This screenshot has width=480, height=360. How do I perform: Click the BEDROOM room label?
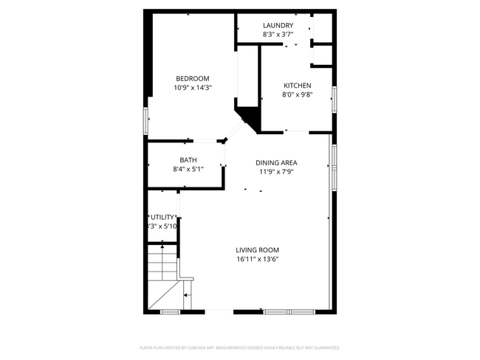[x=192, y=79]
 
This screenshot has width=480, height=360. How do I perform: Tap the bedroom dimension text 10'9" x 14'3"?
[x=192, y=88]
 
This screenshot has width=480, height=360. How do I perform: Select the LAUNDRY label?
[x=277, y=26]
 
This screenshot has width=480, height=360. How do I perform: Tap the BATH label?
[x=188, y=160]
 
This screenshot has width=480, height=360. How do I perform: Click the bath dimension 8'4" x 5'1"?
[x=188, y=169]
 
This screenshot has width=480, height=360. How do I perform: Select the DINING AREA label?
[x=277, y=163]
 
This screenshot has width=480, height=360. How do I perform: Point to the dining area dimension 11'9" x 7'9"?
[x=277, y=172]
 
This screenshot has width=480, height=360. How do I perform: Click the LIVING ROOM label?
[x=257, y=250]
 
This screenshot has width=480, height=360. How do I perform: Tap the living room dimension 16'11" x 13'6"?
[x=257, y=259]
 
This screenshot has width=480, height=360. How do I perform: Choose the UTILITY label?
[x=163, y=217]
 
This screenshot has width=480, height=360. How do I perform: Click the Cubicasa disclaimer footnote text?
[x=240, y=347]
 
